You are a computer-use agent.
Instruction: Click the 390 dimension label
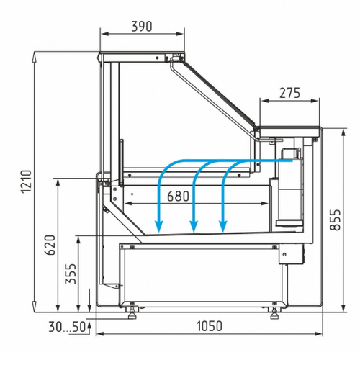(142, 27)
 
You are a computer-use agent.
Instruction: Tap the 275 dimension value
(289, 93)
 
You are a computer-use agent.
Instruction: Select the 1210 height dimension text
(26, 181)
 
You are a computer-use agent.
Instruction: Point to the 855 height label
(335, 220)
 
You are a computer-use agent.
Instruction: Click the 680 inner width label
(178, 196)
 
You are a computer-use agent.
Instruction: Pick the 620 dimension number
(50, 245)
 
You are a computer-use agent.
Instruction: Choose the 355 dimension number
(71, 274)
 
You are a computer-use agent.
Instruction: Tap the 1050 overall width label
(210, 326)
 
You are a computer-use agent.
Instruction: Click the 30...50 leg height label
(67, 327)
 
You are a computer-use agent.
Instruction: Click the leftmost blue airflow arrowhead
(159, 227)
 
